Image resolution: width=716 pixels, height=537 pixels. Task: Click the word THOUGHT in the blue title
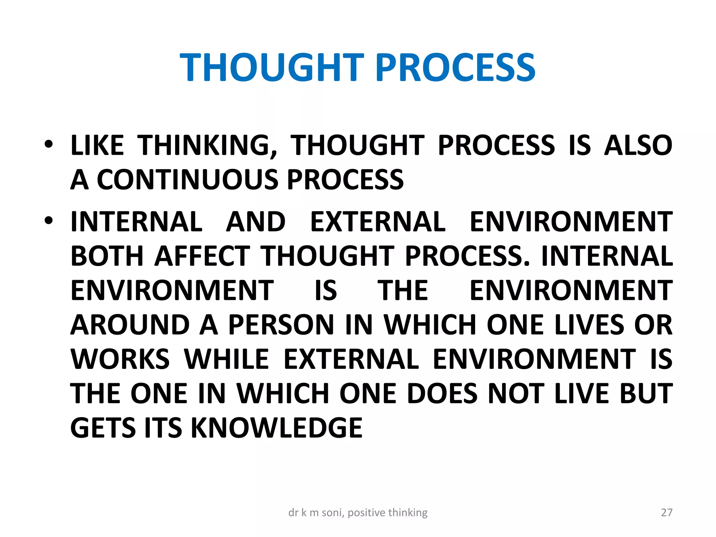pos(272,67)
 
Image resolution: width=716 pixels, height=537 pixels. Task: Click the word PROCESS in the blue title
pos(456,67)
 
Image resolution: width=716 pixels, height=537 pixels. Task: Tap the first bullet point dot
pos(49,144)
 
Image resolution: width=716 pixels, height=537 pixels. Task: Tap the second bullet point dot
pos(49,221)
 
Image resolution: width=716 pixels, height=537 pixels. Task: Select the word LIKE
pos(97,145)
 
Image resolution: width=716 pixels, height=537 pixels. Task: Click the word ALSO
pos(638,145)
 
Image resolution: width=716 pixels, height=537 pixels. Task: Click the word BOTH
pos(107,256)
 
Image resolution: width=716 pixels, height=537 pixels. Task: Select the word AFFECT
pos(202,256)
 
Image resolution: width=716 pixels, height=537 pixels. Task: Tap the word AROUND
pos(130,325)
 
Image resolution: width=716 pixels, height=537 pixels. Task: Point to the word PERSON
pos(281,325)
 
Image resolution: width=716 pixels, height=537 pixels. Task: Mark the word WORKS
pos(120,359)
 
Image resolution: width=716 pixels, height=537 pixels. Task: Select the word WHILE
pos(227,359)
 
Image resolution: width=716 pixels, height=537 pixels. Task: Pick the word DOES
pos(442,393)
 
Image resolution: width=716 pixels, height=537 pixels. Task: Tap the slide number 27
pos(667,513)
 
